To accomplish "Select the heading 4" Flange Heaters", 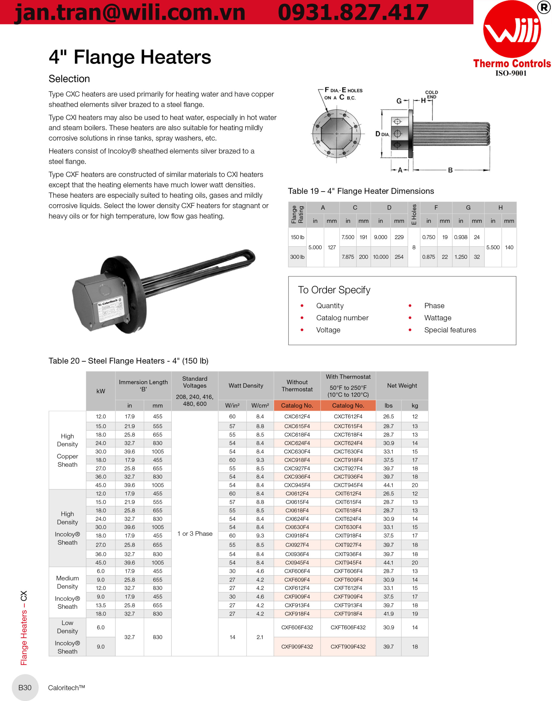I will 130,57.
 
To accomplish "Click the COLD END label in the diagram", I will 432,94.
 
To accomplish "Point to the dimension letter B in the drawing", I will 450,170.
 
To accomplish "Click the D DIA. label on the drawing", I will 382,134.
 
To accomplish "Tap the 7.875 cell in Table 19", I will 348,257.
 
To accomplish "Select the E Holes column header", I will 414,214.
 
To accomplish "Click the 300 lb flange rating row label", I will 297,257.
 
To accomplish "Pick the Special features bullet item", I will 450,330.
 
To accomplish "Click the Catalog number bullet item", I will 342,318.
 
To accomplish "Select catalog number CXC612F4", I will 297,416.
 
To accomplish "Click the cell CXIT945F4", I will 348,563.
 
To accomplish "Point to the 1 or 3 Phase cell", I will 195,533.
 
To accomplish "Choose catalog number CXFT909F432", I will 348,647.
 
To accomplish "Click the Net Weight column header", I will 402,386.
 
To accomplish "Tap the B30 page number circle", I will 25,687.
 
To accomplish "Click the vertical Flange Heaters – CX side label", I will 24,628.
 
